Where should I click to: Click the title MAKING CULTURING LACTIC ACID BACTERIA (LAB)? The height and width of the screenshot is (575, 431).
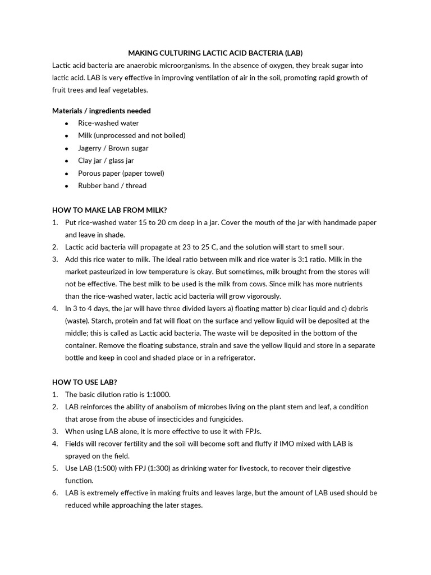pos(215,53)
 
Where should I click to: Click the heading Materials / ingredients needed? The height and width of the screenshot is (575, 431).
pos(102,111)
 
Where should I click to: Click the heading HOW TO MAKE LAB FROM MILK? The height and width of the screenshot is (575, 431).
pos(109,210)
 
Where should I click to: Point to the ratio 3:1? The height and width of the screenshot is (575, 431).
pos(321,259)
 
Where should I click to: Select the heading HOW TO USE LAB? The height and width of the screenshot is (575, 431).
pos(85,382)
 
